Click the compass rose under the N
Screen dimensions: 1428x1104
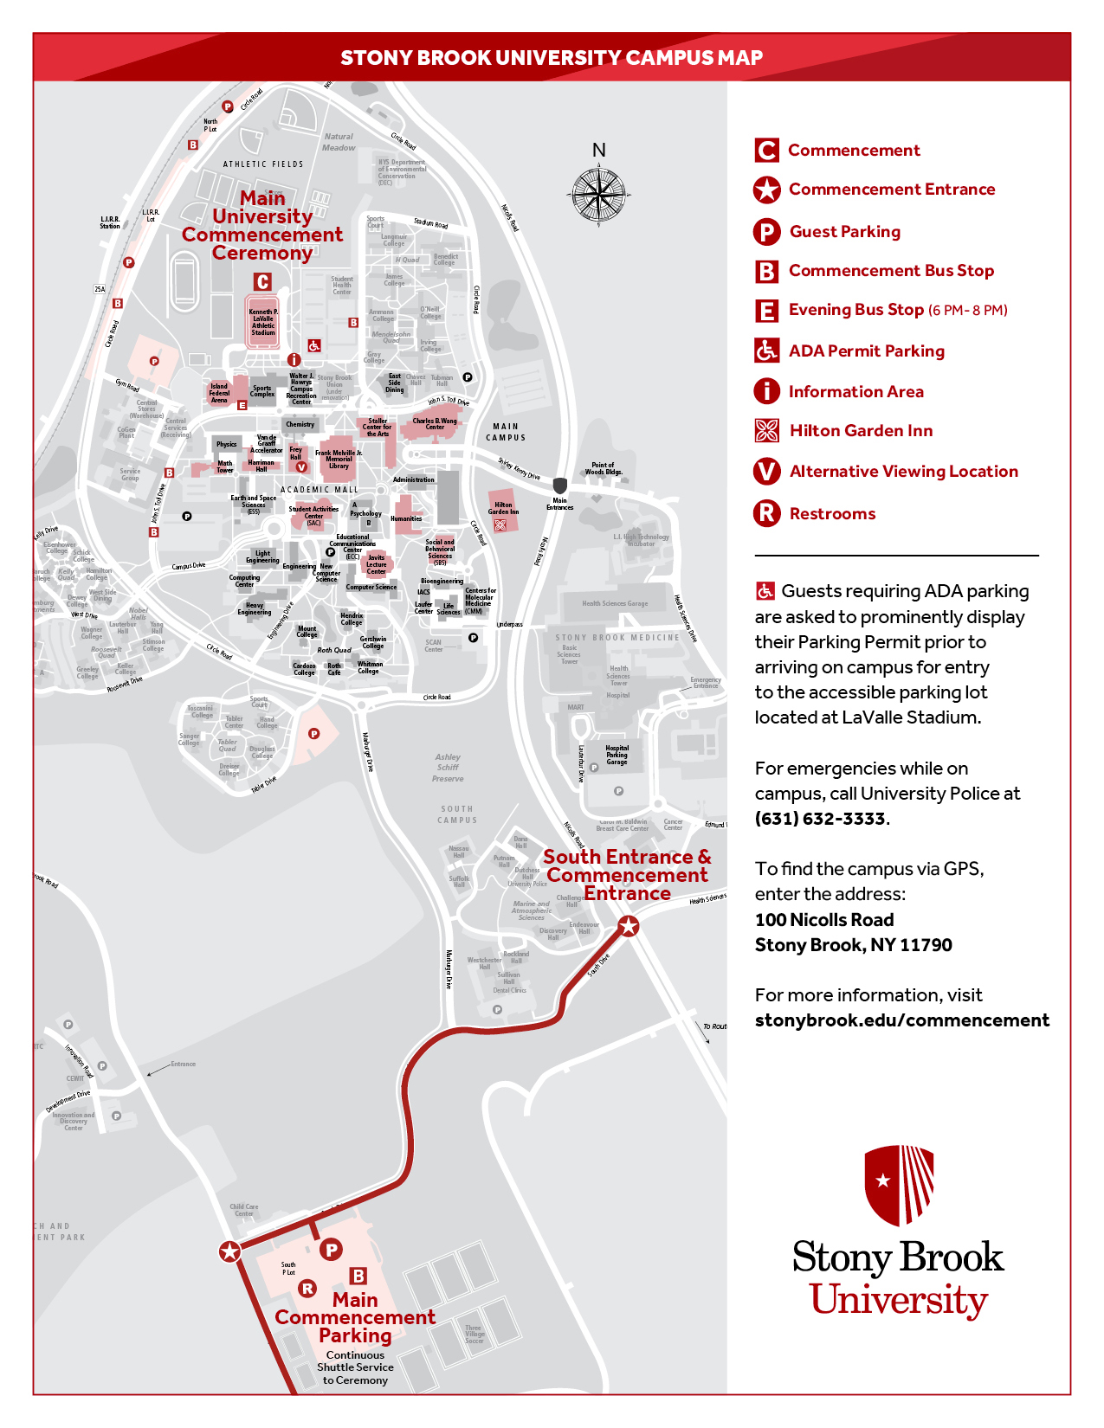(x=598, y=195)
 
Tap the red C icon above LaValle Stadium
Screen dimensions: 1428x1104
(x=262, y=282)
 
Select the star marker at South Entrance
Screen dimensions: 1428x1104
(x=629, y=927)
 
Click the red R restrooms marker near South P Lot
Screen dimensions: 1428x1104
(x=307, y=1289)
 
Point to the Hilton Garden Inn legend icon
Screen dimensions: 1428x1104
(x=766, y=431)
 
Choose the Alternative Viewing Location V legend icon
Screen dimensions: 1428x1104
(x=766, y=472)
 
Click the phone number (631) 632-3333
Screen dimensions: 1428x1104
(x=820, y=819)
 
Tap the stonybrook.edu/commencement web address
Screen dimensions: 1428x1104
(x=901, y=1020)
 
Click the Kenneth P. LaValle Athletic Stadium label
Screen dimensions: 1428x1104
(x=263, y=322)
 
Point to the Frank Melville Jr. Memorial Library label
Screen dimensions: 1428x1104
(x=339, y=460)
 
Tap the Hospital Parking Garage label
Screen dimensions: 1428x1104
(x=617, y=756)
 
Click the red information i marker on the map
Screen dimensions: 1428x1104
(x=294, y=360)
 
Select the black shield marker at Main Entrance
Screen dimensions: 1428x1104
(x=560, y=486)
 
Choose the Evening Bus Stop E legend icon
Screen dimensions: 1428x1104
(x=766, y=311)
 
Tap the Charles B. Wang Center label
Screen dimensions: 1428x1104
(x=435, y=424)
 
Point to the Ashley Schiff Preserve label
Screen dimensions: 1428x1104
(x=448, y=768)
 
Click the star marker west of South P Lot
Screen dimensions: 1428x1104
(x=229, y=1251)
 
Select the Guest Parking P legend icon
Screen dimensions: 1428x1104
(x=766, y=232)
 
